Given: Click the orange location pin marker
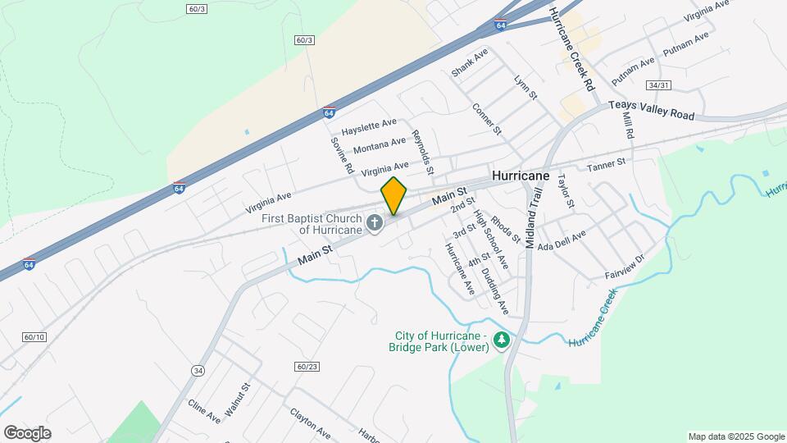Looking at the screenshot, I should (x=393, y=195).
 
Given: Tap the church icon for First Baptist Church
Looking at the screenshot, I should (x=375, y=223).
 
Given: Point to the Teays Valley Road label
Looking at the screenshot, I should (x=652, y=111).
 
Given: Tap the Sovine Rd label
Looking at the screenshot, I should (x=342, y=156).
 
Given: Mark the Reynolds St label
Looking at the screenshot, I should (x=423, y=153).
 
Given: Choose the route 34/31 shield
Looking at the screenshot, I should (x=658, y=85).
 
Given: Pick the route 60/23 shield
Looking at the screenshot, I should (x=307, y=366).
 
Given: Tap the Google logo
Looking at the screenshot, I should (x=27, y=432).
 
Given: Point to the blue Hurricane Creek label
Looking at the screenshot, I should (x=592, y=322).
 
